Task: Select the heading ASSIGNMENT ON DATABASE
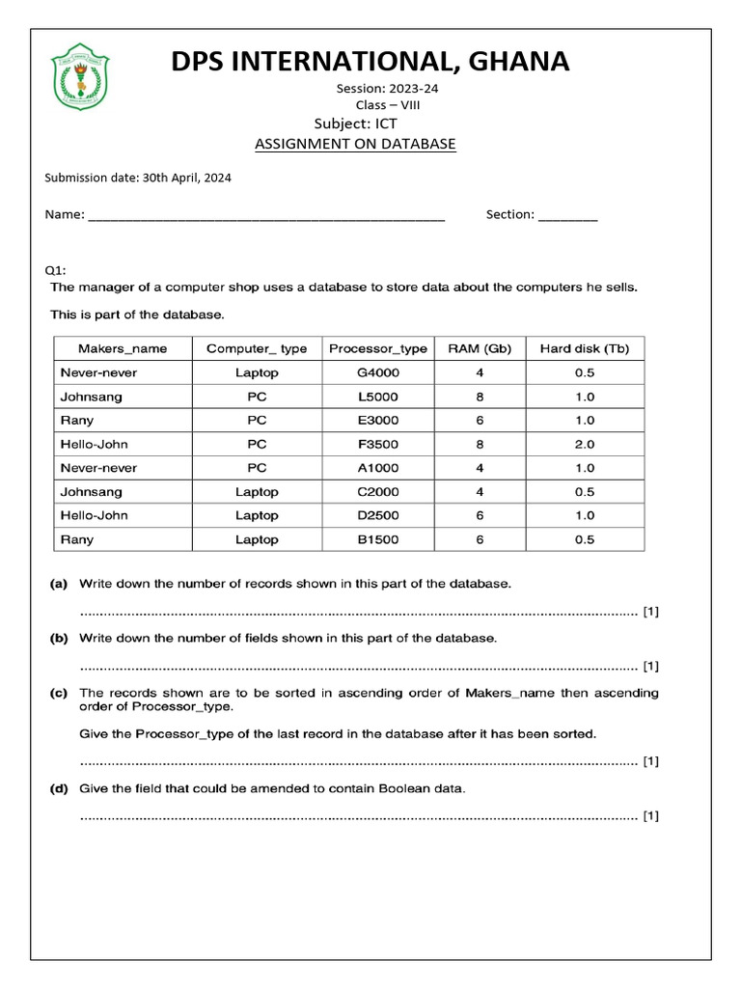pos(354,144)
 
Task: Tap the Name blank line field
pos(265,216)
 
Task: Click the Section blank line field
pos(567,216)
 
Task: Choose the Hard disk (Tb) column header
pos(585,348)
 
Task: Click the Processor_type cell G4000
pos(377,372)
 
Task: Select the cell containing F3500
pos(377,444)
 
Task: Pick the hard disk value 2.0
pos(585,444)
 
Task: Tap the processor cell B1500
pos(377,539)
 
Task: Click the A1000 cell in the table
pos(377,468)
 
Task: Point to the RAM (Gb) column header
pos(480,348)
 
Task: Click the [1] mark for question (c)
pos(651,761)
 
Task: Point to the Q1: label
pos(56,271)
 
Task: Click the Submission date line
pos(138,178)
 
